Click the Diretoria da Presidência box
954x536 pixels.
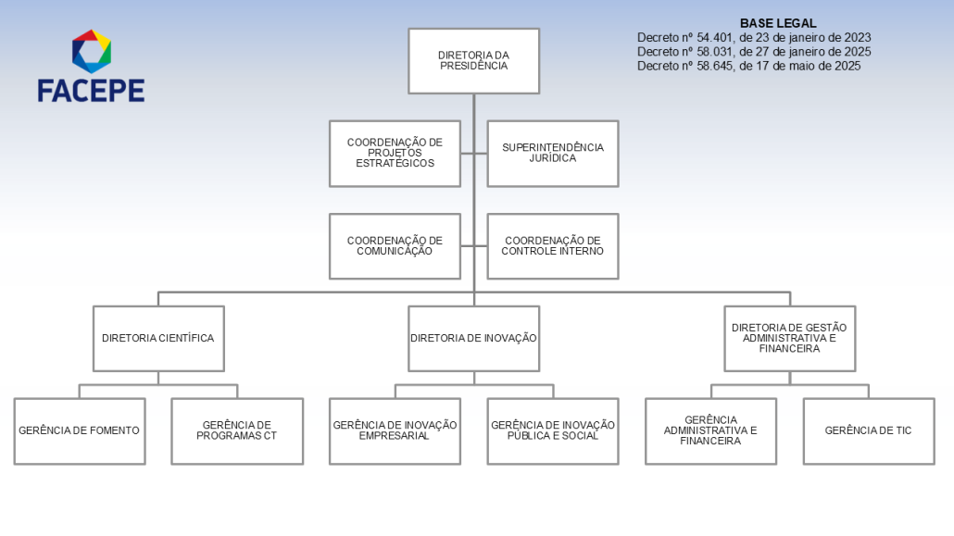coord(474,61)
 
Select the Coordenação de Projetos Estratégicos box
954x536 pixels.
coord(395,154)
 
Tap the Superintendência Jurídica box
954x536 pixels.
coord(553,154)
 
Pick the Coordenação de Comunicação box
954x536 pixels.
coord(395,246)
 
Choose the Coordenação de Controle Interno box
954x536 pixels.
coord(553,246)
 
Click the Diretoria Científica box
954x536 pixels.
coord(158,339)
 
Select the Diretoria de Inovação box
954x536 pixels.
coord(474,339)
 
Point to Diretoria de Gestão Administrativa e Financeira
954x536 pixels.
coord(790,339)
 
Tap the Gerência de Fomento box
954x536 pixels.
coord(80,431)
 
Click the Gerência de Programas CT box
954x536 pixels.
coord(237,431)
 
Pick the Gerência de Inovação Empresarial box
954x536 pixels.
coord(395,431)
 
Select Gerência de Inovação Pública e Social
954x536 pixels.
coord(553,431)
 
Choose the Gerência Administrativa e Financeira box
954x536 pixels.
coord(710,431)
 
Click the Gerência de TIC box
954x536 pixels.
coord(869,431)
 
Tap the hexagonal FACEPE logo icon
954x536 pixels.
coord(92,51)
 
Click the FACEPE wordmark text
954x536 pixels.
coord(92,91)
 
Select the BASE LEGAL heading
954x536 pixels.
coord(778,23)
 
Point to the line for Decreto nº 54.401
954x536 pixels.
coord(754,38)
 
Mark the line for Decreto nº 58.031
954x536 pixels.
coord(754,52)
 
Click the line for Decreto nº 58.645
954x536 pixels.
coord(749,66)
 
